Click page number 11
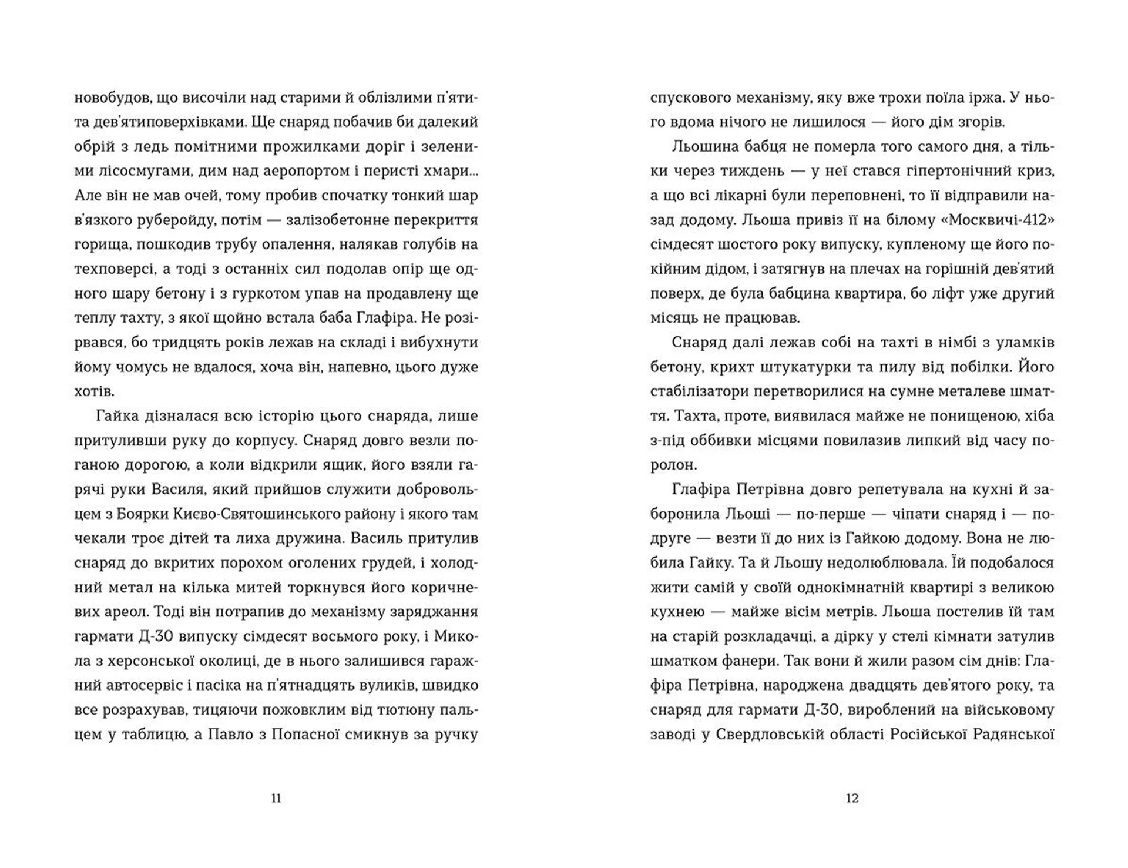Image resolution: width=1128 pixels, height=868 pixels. pos(276,798)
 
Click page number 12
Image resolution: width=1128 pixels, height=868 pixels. pos(852,798)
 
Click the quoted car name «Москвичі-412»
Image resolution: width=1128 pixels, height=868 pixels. pos(989,220)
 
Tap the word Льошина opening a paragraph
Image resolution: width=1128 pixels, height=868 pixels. pos(704,147)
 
